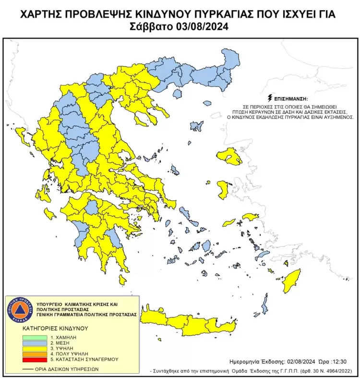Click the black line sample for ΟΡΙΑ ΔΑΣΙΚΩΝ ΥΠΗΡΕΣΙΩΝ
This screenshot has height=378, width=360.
click(28, 369)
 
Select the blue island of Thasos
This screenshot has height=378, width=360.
click(178, 94)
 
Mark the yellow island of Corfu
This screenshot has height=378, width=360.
click(21, 132)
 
